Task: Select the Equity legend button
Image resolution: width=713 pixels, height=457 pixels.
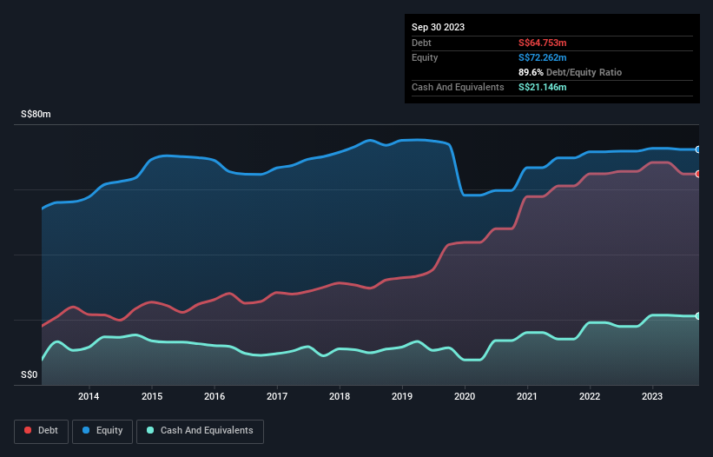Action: (x=102, y=430)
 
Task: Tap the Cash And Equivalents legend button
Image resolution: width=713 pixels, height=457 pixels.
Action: (x=200, y=430)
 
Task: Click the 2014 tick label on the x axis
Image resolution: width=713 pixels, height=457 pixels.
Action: (x=89, y=397)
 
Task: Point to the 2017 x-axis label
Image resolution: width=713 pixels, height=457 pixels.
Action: (x=277, y=397)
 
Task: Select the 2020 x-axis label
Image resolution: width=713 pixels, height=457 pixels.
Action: (x=465, y=397)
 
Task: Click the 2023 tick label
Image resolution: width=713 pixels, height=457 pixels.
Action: (x=653, y=397)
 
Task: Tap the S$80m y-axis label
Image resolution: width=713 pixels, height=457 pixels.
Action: (x=36, y=115)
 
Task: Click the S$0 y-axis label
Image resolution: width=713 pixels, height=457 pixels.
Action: (x=30, y=375)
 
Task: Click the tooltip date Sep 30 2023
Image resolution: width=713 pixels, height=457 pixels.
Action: (x=439, y=27)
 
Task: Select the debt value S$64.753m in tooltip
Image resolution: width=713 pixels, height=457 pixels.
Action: (x=544, y=43)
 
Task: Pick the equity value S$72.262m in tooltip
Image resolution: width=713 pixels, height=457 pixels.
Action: (x=544, y=57)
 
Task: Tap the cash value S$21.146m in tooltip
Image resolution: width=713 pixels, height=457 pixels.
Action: (x=544, y=87)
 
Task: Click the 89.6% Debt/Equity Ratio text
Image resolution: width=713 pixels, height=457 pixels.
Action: (x=570, y=72)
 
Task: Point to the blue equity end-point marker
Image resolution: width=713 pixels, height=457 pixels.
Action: (x=697, y=149)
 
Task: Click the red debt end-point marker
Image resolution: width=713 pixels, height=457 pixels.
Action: (x=697, y=174)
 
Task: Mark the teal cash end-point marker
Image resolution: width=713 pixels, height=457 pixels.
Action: (x=697, y=315)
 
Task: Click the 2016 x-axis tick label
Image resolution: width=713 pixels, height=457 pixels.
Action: (x=215, y=397)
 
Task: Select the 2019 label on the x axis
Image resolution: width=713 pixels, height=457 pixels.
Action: (x=402, y=397)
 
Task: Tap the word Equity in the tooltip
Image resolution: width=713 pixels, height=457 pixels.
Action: (x=425, y=57)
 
